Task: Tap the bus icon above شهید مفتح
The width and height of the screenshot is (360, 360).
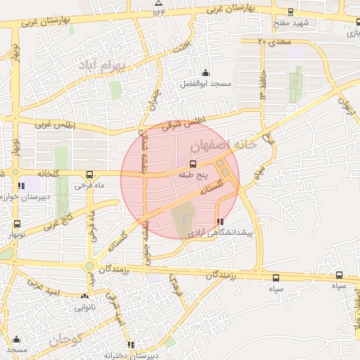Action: (292, 12)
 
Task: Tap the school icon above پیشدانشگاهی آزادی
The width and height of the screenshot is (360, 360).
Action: (221, 221)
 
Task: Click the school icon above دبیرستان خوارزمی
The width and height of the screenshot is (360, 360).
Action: (21, 186)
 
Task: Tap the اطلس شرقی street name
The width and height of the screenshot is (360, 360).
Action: (182, 124)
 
